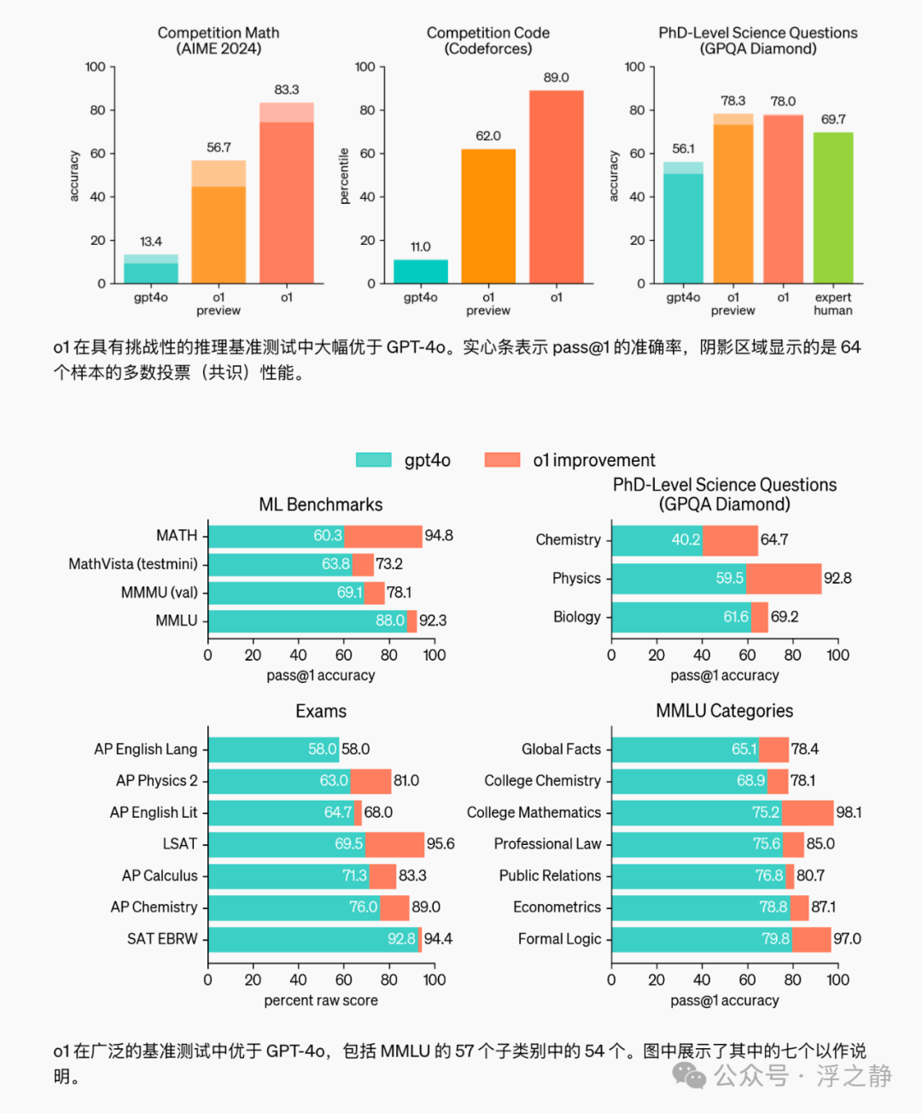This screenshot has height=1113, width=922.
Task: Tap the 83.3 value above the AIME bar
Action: (x=287, y=90)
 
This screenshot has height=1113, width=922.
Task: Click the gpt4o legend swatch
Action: (x=374, y=460)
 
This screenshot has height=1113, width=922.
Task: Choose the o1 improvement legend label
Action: (x=593, y=460)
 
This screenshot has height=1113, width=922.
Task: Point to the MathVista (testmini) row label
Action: (x=133, y=564)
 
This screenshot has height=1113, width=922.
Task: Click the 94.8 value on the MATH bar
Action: (x=439, y=536)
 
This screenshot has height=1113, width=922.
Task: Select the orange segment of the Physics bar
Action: (x=783, y=579)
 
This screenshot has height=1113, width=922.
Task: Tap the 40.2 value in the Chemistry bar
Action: (x=686, y=540)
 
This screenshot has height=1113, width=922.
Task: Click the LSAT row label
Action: (x=180, y=844)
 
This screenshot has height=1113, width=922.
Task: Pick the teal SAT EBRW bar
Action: (x=312, y=939)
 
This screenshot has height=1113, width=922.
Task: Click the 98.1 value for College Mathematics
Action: (x=849, y=813)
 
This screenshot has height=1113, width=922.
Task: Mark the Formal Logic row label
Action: (x=559, y=939)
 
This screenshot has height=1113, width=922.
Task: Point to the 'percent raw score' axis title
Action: (x=321, y=1000)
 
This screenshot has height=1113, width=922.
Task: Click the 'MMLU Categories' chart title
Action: (x=724, y=711)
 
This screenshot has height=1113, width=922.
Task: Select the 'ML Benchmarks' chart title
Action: (x=321, y=504)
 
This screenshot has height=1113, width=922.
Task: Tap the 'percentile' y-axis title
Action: (x=344, y=176)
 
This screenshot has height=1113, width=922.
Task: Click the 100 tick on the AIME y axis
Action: (x=96, y=67)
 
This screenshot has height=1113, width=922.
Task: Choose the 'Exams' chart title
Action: (x=321, y=711)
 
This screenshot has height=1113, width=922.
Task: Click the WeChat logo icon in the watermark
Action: (x=689, y=1075)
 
